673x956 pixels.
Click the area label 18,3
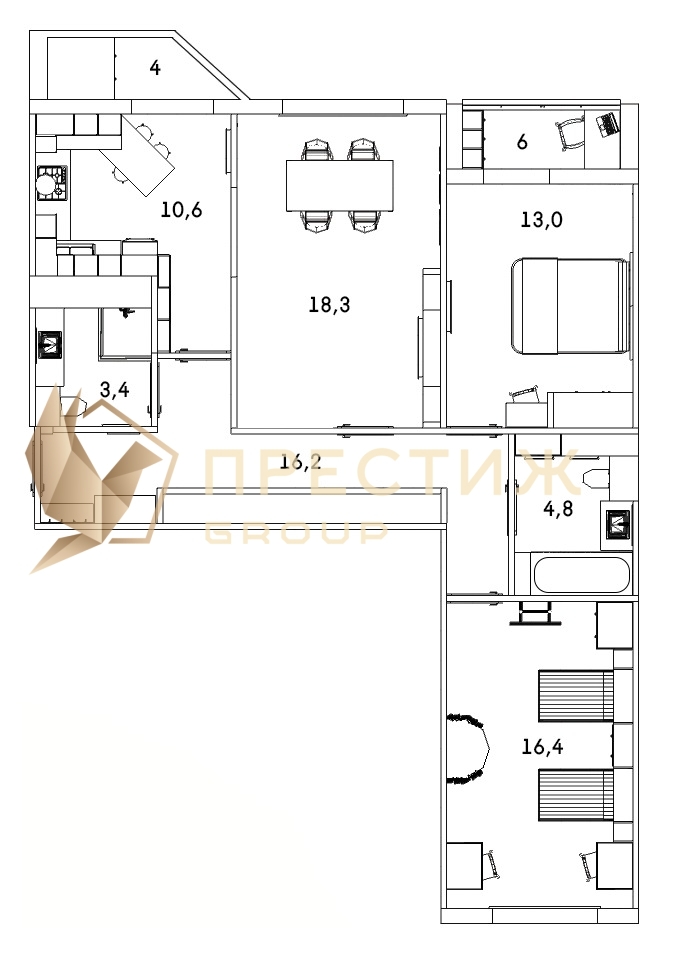pos(329,304)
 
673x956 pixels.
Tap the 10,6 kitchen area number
pos(182,210)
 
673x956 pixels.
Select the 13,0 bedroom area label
pos(541,219)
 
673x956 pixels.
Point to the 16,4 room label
pos(543,746)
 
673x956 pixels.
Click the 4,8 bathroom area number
pos(558,508)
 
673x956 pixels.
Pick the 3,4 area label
pos(115,389)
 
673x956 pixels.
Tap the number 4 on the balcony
pos(155,68)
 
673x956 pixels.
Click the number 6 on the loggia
pos(522,142)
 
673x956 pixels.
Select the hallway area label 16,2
pos(301,462)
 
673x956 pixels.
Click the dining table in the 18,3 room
pos(340,185)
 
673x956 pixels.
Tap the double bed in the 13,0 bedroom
pos(571,305)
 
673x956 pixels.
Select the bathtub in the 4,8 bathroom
pos(581,574)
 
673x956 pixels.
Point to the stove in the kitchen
pos(51,184)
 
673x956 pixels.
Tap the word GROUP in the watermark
pos(296,532)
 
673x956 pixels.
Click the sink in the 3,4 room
pos(50,346)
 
